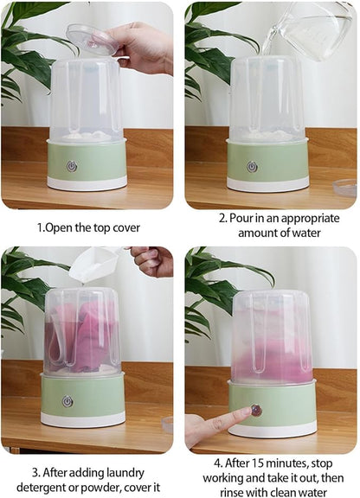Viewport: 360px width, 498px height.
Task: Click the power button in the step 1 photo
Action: click(72, 166)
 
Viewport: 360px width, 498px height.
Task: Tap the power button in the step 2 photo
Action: click(252, 166)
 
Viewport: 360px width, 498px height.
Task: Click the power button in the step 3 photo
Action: click(67, 401)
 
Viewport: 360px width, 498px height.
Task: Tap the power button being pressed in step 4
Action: click(256, 410)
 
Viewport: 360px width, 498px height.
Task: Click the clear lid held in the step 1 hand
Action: click(92, 38)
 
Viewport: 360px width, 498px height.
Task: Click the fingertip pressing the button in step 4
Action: click(246, 414)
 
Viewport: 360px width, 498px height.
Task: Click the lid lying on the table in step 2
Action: click(345, 187)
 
